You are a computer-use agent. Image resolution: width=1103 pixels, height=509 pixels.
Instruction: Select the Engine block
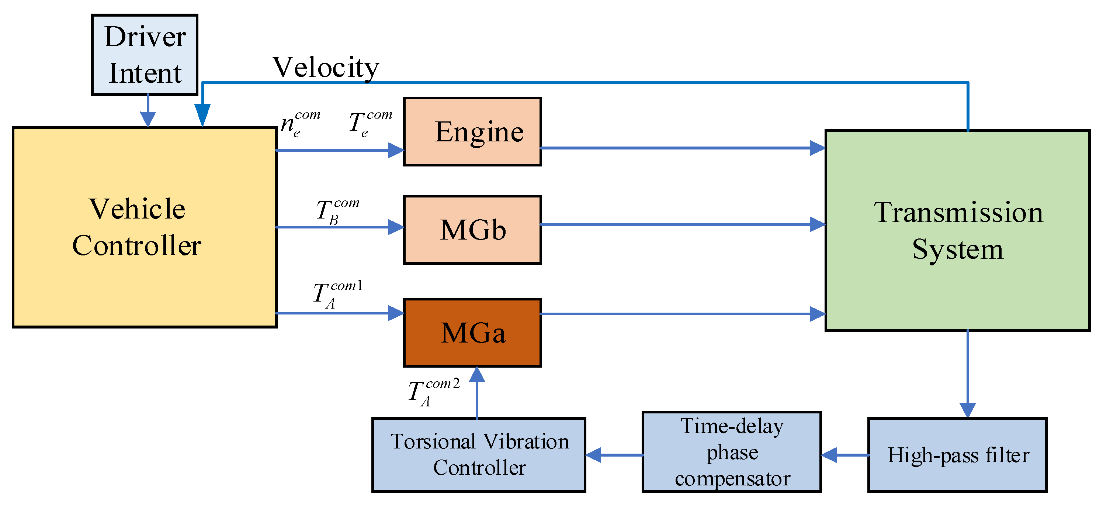tap(472, 131)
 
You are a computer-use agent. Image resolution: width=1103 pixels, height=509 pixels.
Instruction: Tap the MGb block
tap(472, 230)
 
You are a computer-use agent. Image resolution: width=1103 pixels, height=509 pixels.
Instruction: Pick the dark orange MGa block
tap(472, 333)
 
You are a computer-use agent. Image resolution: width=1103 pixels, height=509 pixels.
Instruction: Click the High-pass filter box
tap(957, 455)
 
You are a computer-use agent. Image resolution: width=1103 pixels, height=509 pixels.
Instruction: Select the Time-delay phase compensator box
tap(731, 452)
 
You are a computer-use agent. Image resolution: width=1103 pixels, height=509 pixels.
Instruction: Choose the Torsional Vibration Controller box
tap(479, 455)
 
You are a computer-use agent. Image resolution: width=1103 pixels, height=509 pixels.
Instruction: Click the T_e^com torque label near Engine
tap(370, 123)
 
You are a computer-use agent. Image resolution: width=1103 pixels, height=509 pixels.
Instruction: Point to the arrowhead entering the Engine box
tap(396, 150)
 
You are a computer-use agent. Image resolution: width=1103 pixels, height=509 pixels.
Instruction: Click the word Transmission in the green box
tap(958, 212)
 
